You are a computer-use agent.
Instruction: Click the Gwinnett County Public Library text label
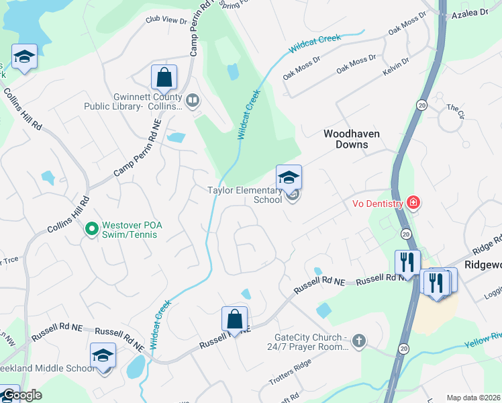pyautogui.click(x=133, y=101)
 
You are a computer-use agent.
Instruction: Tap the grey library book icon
pyautogui.click(x=193, y=101)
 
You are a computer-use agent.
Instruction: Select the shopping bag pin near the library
pyautogui.click(x=164, y=79)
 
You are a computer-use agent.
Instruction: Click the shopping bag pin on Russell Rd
pyautogui.click(x=234, y=320)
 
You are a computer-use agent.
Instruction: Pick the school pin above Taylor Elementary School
pyautogui.click(x=289, y=178)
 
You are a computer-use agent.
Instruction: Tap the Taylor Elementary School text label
pyautogui.click(x=244, y=195)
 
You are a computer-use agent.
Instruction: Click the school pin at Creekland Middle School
pyautogui.click(x=103, y=356)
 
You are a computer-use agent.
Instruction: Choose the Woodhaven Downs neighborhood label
pyautogui.click(x=351, y=139)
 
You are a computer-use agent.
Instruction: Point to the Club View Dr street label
pyautogui.click(x=166, y=21)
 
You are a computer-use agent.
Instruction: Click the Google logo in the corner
pyautogui.click(x=21, y=395)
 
